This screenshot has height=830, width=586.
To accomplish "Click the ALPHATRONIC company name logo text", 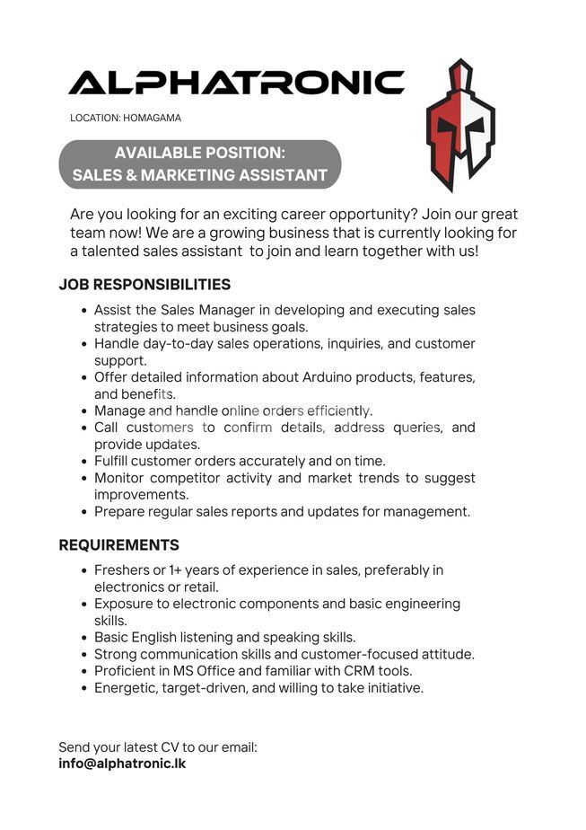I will click(x=236, y=83).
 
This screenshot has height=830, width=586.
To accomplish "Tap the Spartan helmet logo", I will click(x=460, y=125).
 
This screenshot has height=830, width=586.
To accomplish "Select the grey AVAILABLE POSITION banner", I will click(x=200, y=163).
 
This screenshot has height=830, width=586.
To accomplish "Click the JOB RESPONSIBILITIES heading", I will click(x=144, y=285).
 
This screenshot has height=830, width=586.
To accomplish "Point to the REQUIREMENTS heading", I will click(x=118, y=545).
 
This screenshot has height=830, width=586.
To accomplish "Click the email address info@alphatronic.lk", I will click(x=122, y=764).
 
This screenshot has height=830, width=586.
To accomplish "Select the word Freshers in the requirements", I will click(x=123, y=570).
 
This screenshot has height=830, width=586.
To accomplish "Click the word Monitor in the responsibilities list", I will click(x=122, y=478).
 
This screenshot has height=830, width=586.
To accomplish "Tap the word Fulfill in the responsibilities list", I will click(x=115, y=461).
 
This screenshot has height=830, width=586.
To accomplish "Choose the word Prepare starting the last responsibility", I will click(x=122, y=511).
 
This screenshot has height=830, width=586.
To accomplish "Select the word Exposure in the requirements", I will click(x=127, y=604).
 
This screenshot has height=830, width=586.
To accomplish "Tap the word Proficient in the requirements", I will click(x=128, y=671).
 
